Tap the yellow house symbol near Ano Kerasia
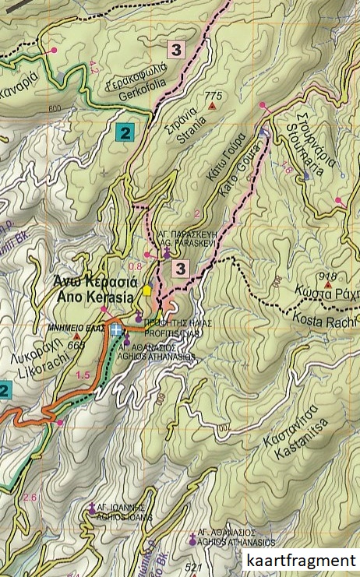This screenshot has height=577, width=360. [147, 290]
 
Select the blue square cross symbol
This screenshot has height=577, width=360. [117, 330]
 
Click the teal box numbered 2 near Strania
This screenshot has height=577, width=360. [123, 132]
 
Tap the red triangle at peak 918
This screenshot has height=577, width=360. [329, 284]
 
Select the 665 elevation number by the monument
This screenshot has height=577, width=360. [76, 345]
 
